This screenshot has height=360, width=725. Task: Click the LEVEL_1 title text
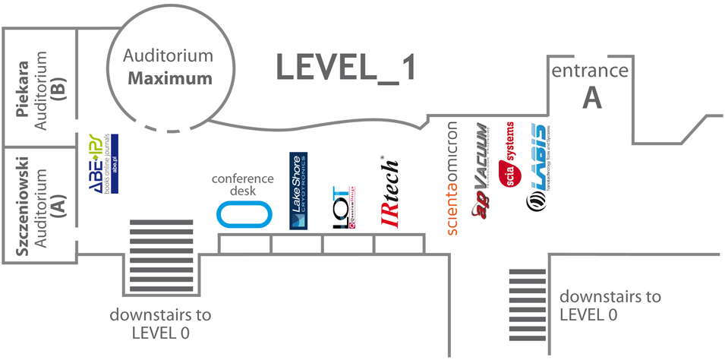coord(346,68)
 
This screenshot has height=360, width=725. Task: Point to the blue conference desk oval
coord(244,214)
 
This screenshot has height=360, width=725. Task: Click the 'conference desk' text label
coord(243,184)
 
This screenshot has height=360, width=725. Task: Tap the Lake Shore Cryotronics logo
coord(299,191)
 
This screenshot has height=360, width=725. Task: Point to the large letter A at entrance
coord(591,97)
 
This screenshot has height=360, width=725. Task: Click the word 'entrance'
coord(590,71)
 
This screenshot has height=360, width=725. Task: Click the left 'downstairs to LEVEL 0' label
coord(160,323)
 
